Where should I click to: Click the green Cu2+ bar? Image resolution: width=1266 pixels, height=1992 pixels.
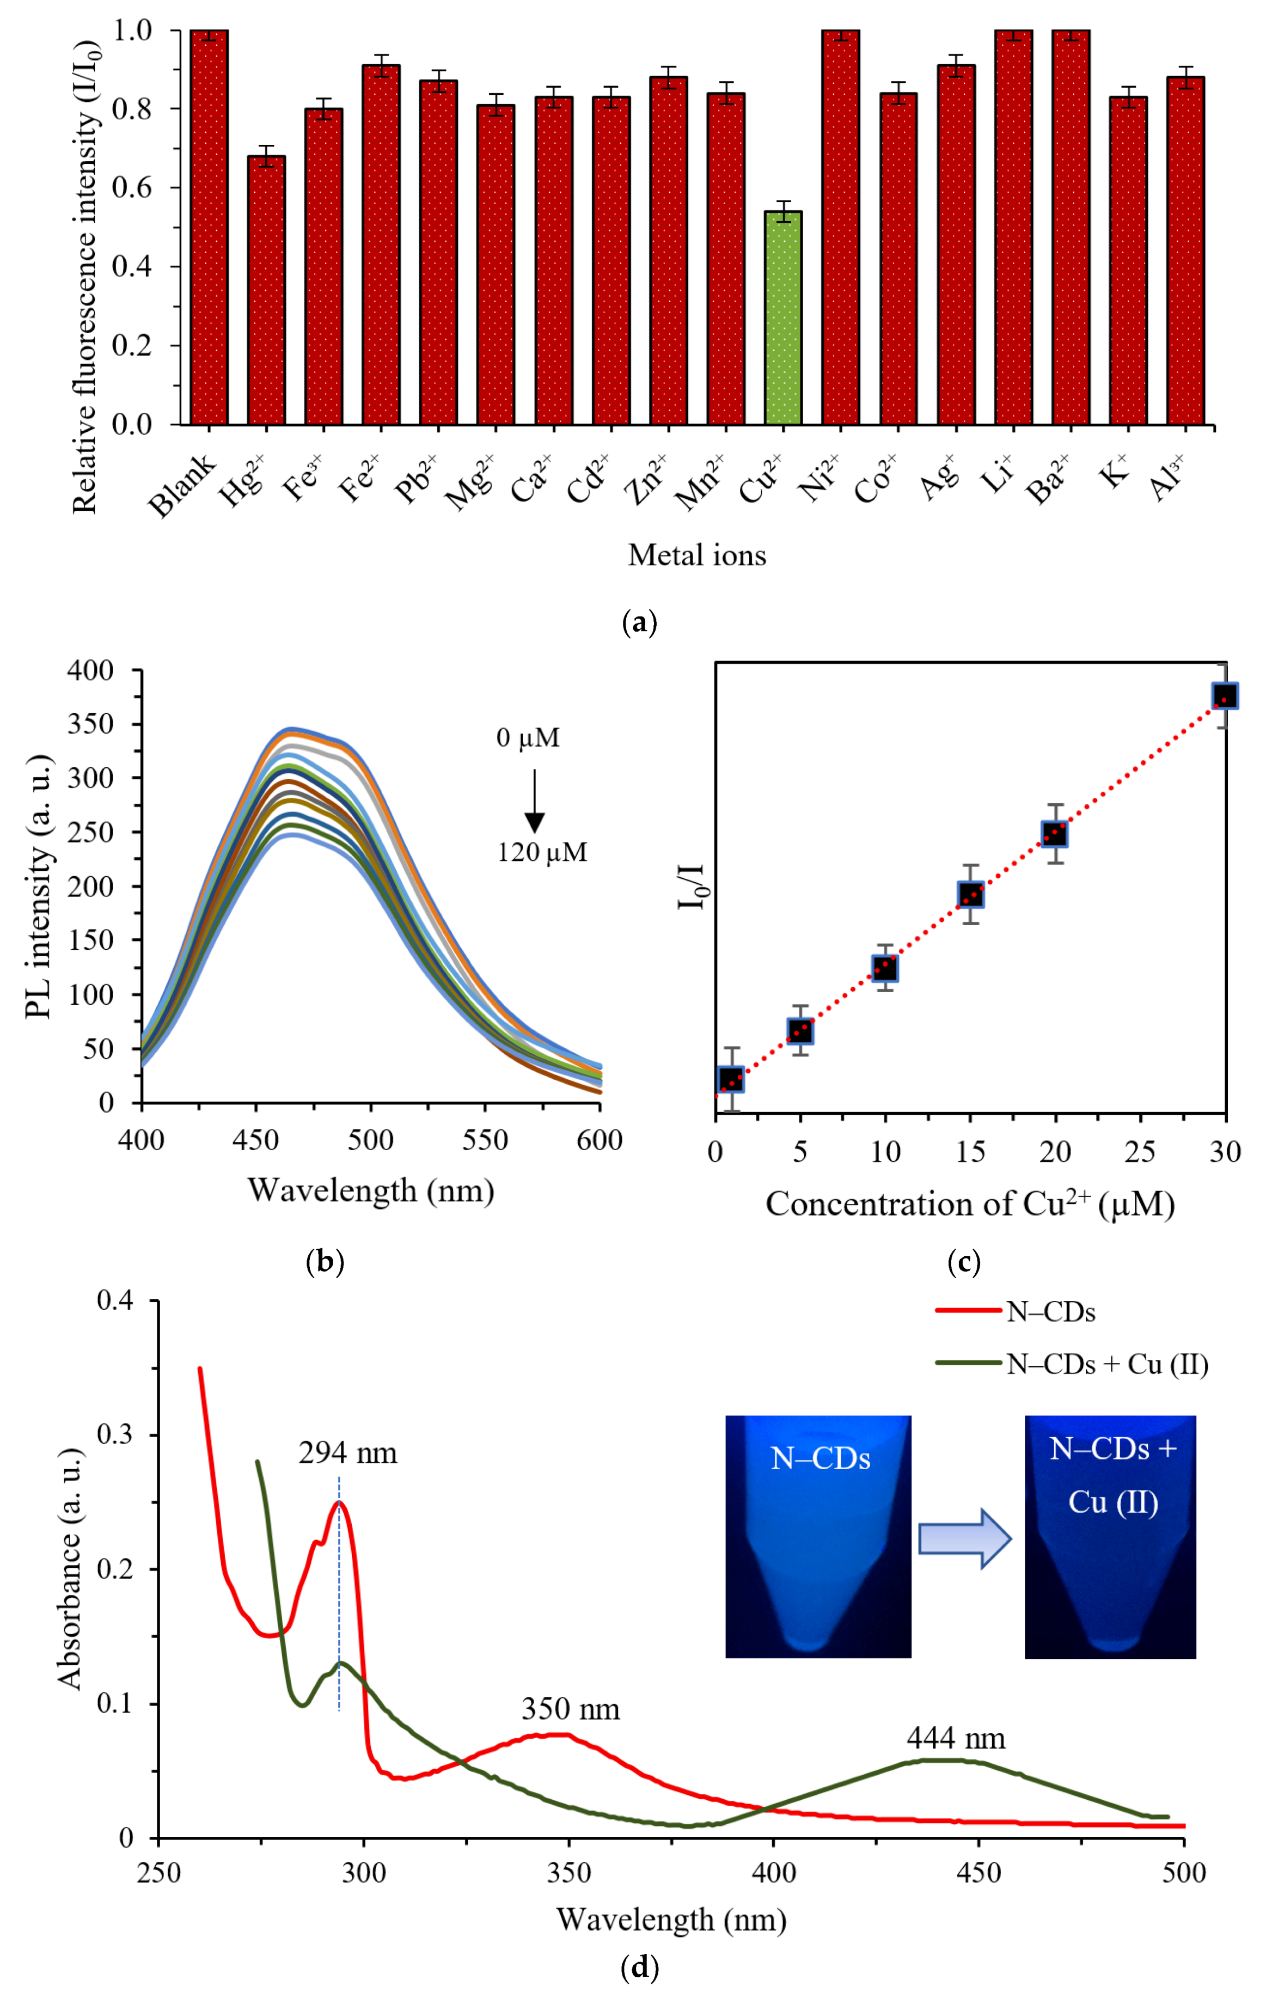[782, 319]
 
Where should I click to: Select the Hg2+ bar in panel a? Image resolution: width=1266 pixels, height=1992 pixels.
[266, 290]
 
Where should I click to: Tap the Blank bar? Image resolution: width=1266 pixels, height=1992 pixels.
[209, 228]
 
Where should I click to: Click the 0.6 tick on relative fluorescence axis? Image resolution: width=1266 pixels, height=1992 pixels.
[132, 188]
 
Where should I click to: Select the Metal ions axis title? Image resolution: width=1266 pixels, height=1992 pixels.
[696, 554]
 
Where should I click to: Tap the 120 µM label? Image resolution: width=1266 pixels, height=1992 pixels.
[542, 852]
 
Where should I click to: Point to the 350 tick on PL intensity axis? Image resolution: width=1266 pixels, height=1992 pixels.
[90, 724]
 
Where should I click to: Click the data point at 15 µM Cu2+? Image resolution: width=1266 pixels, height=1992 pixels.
[971, 894]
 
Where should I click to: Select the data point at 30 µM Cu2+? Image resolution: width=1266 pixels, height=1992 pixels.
[1225, 696]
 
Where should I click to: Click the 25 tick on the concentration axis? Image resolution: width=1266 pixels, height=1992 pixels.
[1140, 1152]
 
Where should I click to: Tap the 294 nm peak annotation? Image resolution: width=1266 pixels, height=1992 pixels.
[347, 1453]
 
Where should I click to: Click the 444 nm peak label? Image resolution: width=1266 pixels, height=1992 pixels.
[956, 1738]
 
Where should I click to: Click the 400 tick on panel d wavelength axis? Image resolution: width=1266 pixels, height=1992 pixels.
[773, 1873]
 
